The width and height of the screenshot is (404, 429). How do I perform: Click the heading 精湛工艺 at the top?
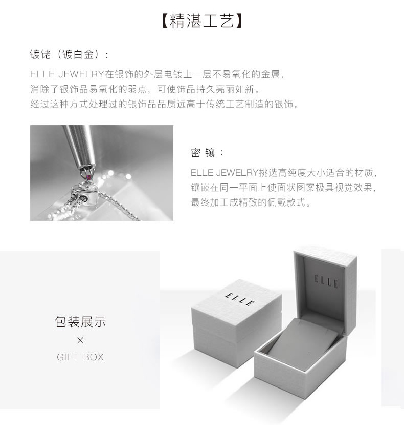coord(202,21)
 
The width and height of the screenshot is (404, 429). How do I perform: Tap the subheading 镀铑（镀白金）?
coord(69,54)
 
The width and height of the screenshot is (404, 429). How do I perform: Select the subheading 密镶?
coord(207,153)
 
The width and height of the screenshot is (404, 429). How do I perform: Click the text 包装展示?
coord(80,321)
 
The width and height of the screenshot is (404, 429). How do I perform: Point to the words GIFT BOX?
coord(80,357)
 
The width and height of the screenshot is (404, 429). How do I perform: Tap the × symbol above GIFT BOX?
coord(80,340)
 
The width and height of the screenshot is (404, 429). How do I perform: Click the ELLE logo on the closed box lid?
coord(240,299)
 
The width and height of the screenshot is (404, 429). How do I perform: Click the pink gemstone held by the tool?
coord(88,177)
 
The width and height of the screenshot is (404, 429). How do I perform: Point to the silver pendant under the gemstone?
coord(84,194)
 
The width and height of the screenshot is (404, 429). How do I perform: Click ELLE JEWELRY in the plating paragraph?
coord(67,74)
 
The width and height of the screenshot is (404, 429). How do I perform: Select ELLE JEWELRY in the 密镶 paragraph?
coord(224,173)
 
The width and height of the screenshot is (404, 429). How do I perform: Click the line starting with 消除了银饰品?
coord(146,89)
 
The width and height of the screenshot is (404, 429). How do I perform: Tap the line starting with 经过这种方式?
coord(165,104)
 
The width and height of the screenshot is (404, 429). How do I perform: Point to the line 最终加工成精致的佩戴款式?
coord(251,202)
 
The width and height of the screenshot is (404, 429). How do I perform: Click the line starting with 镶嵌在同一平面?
coord(284,188)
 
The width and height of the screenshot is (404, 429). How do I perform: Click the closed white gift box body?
coord(236,323)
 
